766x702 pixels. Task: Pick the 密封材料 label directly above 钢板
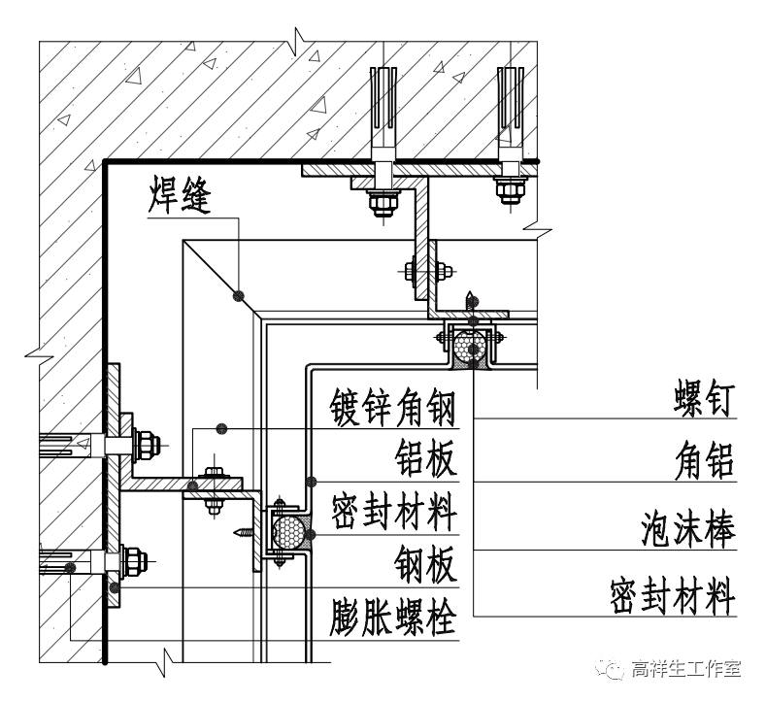tap(392, 512)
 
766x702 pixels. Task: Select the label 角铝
tap(703, 460)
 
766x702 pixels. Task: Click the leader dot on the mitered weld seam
tap(238, 292)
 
